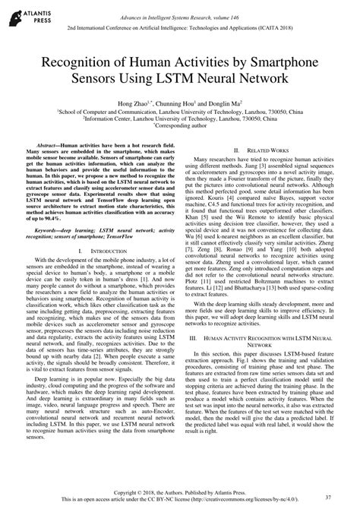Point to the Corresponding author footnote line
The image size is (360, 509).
pyautogui.click(x=180, y=125)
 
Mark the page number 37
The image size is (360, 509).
pyautogui.click(x=327, y=498)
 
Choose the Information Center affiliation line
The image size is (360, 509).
pyautogui.click(x=180, y=117)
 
